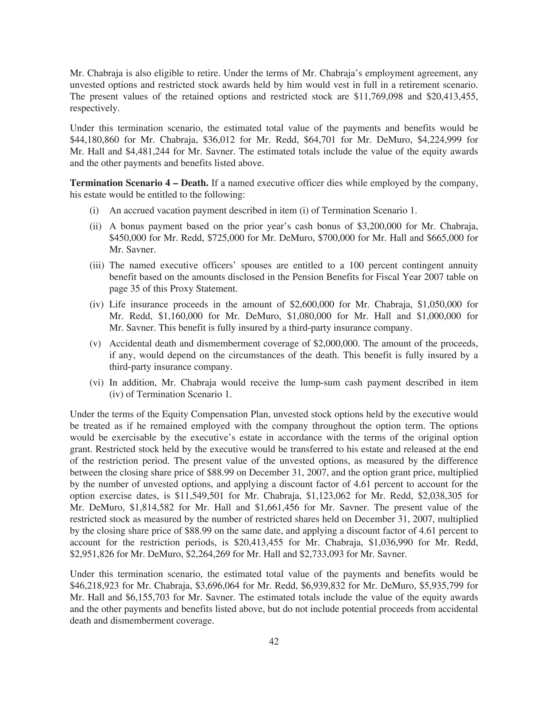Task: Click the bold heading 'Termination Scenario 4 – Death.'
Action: (139, 183)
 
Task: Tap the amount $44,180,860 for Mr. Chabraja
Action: (94, 140)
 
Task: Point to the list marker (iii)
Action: (96, 266)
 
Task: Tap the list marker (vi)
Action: (96, 383)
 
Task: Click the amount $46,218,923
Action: (94, 586)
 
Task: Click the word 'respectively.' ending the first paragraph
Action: (94, 108)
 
